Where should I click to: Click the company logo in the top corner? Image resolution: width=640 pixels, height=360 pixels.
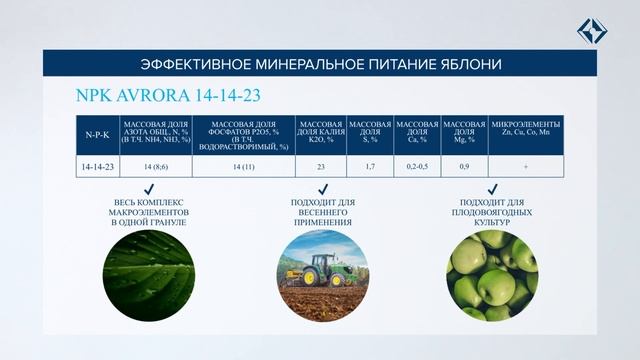click(x=592, y=30)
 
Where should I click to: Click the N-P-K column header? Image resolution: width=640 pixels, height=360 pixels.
click(x=97, y=132)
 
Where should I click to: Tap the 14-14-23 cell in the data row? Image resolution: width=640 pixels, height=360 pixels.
click(x=97, y=165)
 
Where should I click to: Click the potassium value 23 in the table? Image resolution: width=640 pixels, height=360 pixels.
click(x=322, y=165)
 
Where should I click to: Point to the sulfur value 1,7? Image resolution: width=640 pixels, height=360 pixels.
click(x=370, y=165)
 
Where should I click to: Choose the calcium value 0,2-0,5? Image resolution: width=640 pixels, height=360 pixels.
click(x=415, y=165)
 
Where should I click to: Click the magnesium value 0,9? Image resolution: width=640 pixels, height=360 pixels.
click(x=463, y=165)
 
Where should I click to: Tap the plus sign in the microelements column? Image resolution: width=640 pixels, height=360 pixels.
click(x=524, y=165)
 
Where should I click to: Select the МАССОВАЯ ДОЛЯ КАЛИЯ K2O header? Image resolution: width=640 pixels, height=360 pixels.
click(x=322, y=132)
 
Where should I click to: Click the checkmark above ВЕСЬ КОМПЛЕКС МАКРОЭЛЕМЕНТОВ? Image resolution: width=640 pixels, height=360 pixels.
click(x=148, y=190)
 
